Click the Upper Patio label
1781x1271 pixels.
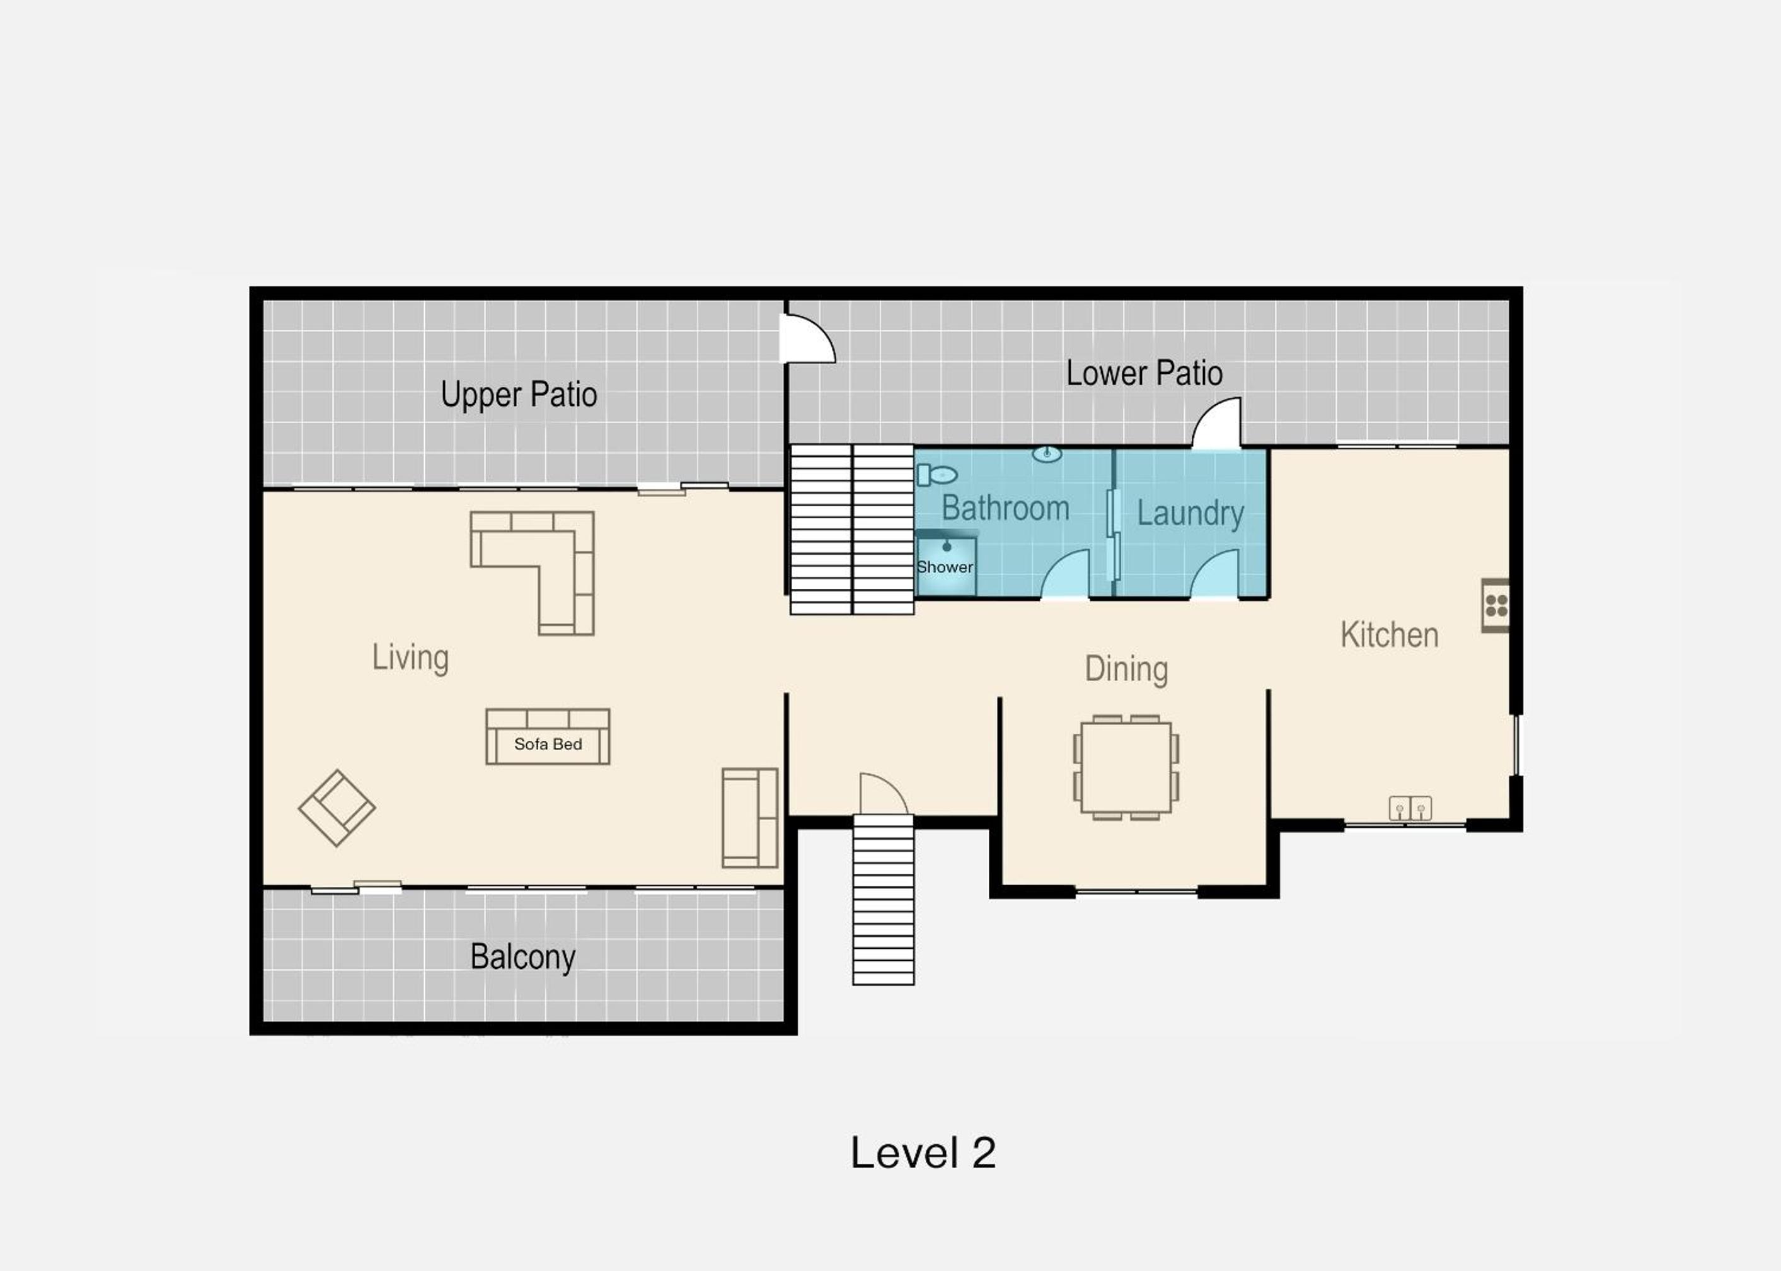coord(519,395)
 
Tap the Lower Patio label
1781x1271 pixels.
coord(1144,373)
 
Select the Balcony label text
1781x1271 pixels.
coord(523,956)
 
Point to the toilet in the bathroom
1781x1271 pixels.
coord(937,474)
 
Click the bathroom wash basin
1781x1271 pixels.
coord(1047,454)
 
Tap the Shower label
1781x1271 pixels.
coord(945,567)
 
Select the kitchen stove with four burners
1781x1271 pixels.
coord(1495,606)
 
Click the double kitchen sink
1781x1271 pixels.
coord(1410,808)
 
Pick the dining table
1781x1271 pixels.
coord(1126,767)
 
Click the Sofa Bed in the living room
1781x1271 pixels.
coord(548,736)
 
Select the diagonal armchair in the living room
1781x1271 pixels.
coord(337,808)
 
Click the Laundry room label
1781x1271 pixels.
coord(1190,513)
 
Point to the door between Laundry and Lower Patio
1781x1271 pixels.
coord(1217,424)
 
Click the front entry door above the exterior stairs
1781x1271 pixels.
coord(884,794)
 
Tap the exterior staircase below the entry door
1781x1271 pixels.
coord(883,899)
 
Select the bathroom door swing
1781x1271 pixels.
coord(1064,574)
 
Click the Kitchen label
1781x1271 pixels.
coord(1389,635)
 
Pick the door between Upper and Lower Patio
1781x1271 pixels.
coord(809,338)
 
